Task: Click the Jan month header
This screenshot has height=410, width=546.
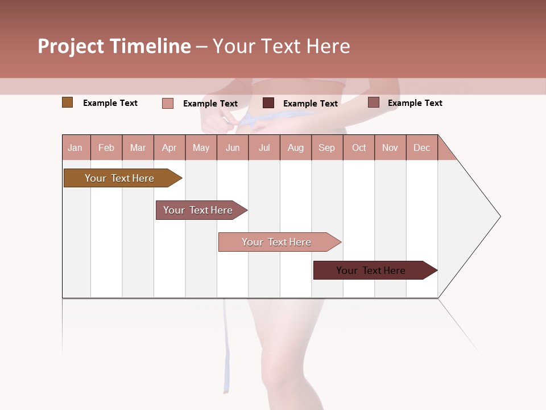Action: point(75,147)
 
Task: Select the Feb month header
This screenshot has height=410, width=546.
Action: point(106,147)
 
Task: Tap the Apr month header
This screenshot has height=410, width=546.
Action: point(169,147)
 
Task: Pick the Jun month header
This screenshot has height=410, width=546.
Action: point(233,147)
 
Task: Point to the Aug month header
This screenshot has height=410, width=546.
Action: point(295,147)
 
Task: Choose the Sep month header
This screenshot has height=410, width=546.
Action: point(326,147)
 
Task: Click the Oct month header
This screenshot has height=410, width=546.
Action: point(359,147)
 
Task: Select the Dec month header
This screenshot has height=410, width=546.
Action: point(421,147)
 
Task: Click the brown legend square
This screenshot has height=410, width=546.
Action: point(67,102)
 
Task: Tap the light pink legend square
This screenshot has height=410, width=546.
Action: point(167,103)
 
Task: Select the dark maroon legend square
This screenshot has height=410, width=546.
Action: point(268,102)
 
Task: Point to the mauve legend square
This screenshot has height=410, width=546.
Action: point(373,102)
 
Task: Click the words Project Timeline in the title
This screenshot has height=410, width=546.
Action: point(114,46)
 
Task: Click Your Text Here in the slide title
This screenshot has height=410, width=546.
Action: point(281,46)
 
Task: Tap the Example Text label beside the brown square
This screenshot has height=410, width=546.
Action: point(110,103)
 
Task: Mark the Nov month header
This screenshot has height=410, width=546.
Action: point(390,147)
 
